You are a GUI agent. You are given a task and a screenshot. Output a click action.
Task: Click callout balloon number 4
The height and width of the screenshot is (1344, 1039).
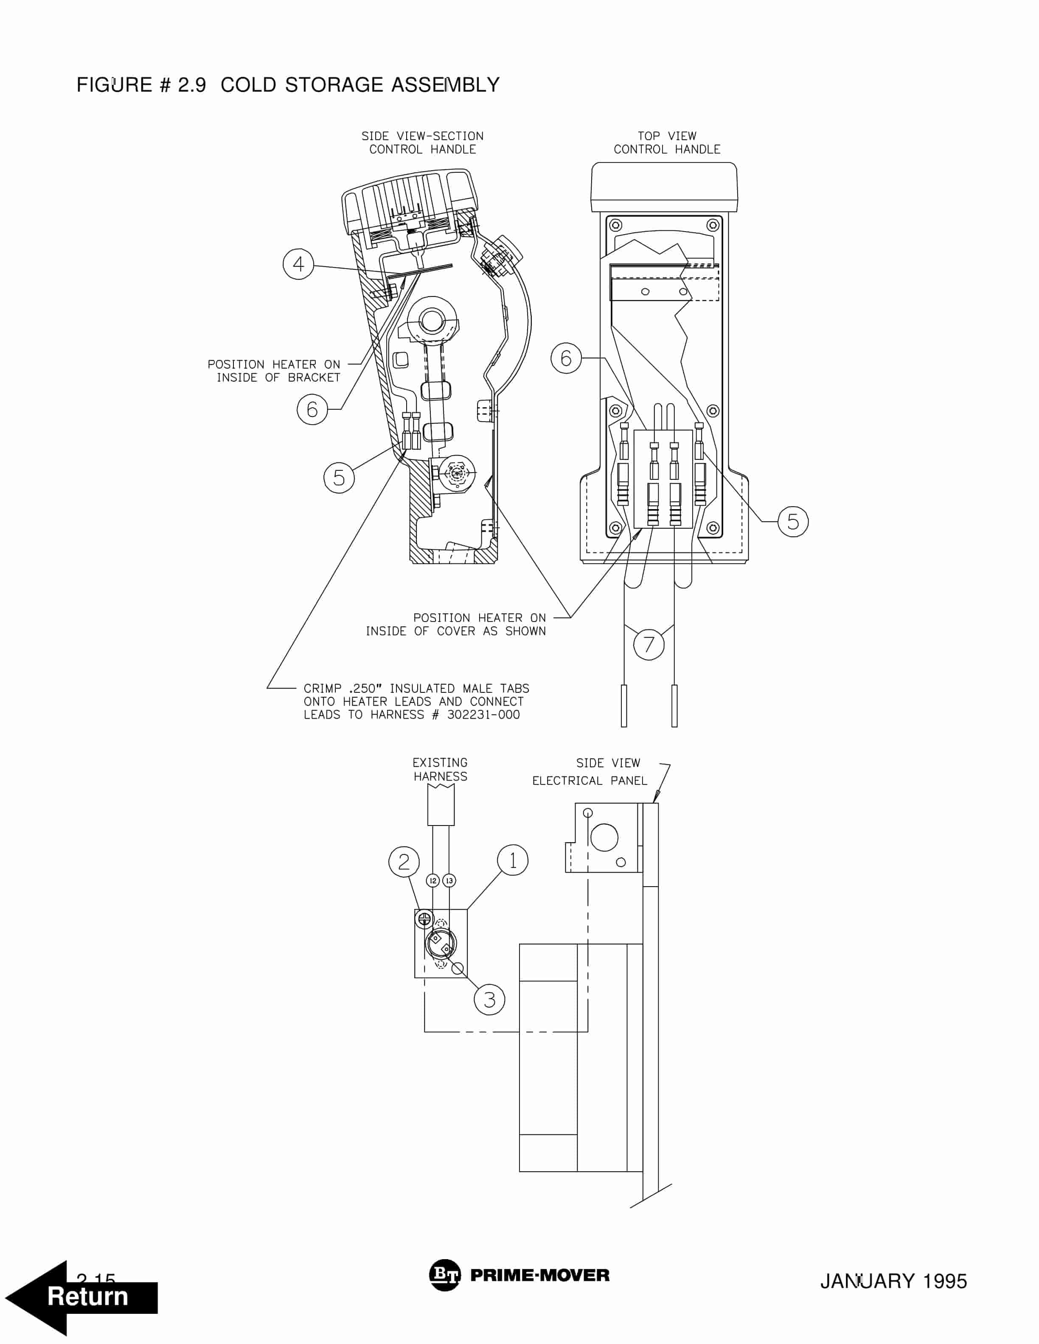[x=298, y=264]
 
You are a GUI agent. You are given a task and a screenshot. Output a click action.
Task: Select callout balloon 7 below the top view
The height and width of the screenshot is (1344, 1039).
[x=649, y=644]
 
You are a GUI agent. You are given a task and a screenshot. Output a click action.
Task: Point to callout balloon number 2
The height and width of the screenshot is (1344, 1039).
[x=404, y=862]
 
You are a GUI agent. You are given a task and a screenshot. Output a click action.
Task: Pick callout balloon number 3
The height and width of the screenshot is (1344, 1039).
[x=489, y=1000]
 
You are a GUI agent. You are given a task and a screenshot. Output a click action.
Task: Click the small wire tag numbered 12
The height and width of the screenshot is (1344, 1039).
[x=433, y=881]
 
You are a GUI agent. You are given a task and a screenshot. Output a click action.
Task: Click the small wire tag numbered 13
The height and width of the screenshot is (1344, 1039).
[x=449, y=881]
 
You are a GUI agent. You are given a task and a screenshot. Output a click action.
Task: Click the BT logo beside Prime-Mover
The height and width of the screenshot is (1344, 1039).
[x=444, y=1276]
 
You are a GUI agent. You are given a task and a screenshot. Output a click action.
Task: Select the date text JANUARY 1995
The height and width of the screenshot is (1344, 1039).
[x=893, y=1281]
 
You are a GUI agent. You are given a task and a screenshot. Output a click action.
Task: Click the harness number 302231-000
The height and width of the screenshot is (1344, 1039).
[x=483, y=714]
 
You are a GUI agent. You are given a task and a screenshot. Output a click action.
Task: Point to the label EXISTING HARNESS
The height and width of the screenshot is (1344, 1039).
[x=440, y=769]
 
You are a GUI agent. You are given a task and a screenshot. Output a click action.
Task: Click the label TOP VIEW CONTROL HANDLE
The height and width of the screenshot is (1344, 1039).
[x=667, y=142]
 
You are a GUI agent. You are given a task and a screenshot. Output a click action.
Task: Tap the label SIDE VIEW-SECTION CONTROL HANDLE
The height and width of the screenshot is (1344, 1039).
[x=422, y=142]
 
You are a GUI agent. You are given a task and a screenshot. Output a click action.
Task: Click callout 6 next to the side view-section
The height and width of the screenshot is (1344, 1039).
[x=312, y=409]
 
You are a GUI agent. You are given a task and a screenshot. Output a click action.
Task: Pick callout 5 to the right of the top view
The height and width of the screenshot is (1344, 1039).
[x=793, y=521]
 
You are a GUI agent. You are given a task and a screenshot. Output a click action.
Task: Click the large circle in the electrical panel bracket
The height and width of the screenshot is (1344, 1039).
[x=604, y=837]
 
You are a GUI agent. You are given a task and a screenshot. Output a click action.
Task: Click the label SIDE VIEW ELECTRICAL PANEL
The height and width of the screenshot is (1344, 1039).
[x=590, y=772]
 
